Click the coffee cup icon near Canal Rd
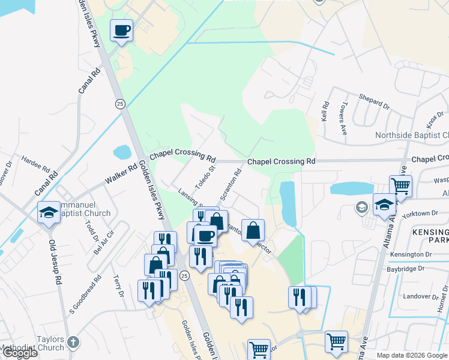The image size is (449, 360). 122,30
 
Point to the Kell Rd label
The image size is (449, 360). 325,112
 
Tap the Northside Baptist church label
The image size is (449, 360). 412,135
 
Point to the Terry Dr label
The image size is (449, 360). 118,287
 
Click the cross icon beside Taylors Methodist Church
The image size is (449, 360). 73,343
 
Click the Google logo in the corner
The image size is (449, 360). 19,353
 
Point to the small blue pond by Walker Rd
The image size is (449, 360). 122,152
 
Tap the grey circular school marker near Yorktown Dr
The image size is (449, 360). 362,208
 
